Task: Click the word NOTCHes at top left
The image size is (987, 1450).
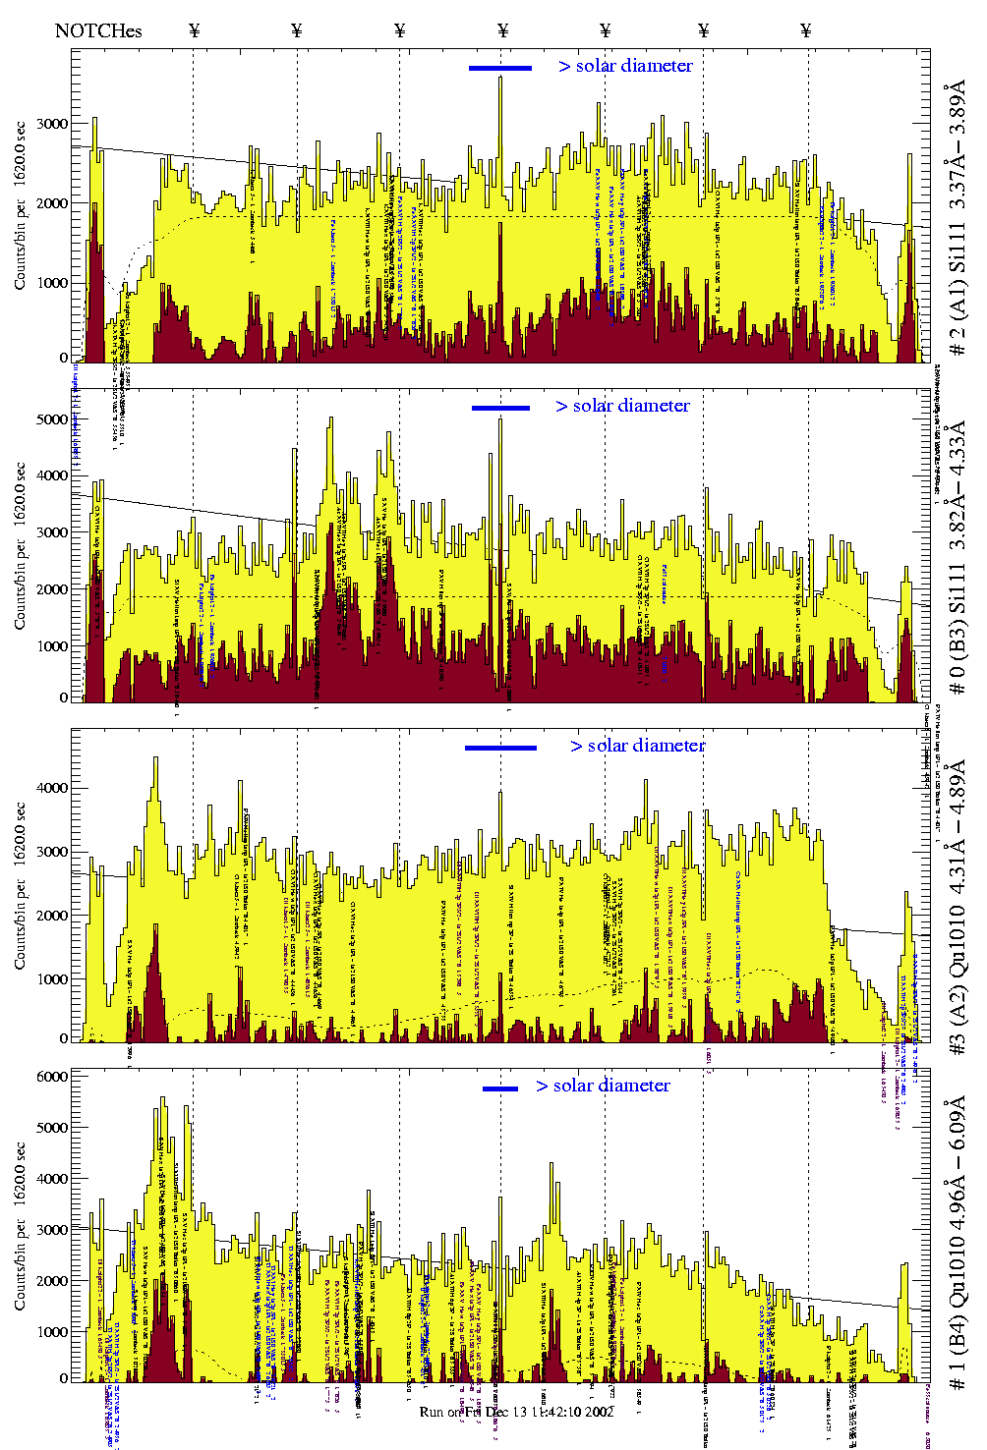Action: coord(98,30)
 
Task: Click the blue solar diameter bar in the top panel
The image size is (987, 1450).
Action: coord(499,68)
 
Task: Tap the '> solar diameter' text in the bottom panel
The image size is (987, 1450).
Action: coord(603,1086)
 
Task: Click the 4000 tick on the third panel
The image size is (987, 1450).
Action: coord(53,788)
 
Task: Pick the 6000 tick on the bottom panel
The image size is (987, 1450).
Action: coord(53,1077)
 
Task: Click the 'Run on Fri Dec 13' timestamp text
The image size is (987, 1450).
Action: coord(516,1412)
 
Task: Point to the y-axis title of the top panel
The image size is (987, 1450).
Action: coord(21,206)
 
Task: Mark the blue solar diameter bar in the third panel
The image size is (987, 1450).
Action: coord(500,748)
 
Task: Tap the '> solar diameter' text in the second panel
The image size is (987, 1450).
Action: coord(622,406)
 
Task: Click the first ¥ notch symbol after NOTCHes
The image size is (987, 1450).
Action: coord(194,30)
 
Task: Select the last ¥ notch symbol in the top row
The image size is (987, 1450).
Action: coord(806,30)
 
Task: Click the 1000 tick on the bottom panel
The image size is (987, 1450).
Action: coord(53,1332)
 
